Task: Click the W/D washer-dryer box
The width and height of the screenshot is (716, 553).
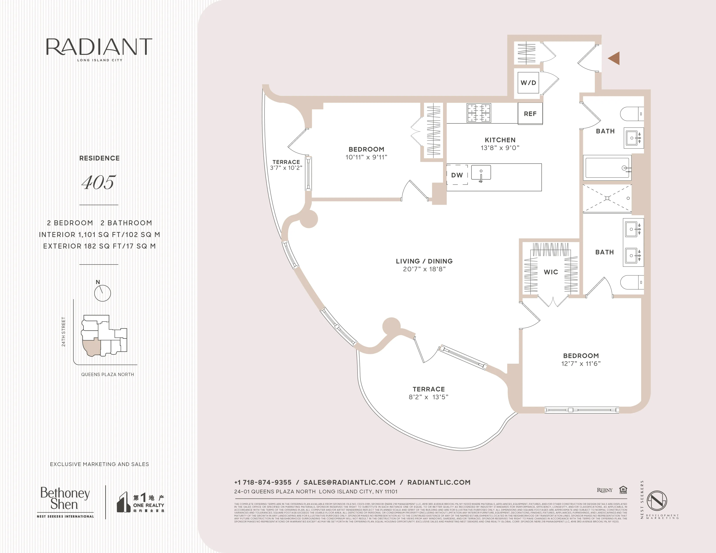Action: (528, 83)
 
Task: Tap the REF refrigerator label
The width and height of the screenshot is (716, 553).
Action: (530, 114)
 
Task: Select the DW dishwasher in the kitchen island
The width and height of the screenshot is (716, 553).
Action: (457, 175)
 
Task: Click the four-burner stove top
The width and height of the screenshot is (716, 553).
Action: (479, 113)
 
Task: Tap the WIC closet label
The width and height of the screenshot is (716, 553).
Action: (551, 272)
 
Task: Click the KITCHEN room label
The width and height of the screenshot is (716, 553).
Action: (500, 140)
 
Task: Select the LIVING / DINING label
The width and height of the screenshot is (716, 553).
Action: (424, 261)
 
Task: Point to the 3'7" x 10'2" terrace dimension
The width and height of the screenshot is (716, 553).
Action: (286, 168)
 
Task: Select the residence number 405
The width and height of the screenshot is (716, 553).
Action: (99, 182)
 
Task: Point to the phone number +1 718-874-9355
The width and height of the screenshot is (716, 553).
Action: (263, 482)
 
